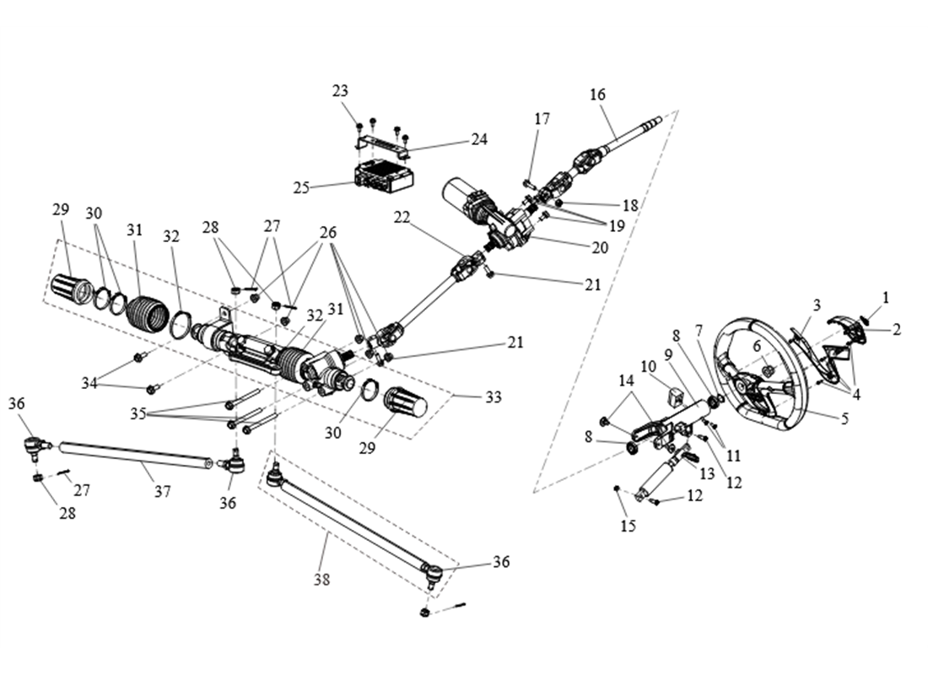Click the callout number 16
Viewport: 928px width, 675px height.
click(x=597, y=94)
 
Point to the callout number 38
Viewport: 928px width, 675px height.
click(x=321, y=580)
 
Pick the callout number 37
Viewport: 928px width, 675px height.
click(x=162, y=491)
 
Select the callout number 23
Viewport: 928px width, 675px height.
click(x=340, y=90)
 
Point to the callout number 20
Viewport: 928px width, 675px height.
click(x=600, y=247)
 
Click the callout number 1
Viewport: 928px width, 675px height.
click(x=886, y=297)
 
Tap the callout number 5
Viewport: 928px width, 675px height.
click(x=844, y=418)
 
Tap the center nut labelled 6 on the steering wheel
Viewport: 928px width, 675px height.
click(x=769, y=369)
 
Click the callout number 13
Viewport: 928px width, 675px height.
click(x=707, y=474)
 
